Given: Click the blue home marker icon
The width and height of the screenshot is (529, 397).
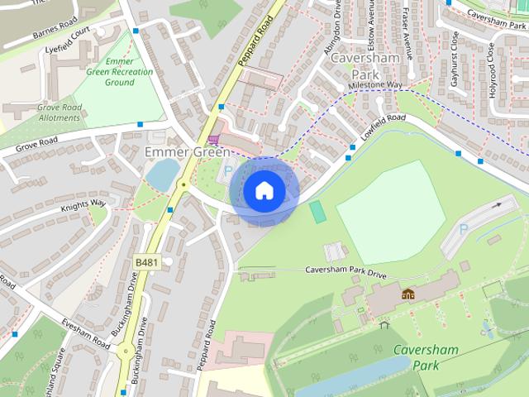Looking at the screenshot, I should (263, 191).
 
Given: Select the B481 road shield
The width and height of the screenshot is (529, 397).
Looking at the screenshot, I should (145, 262).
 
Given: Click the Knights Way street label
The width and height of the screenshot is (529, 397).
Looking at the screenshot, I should (83, 203).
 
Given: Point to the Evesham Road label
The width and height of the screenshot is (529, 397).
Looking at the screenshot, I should (83, 332).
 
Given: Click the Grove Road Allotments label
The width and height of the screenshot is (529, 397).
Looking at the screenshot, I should (47, 112).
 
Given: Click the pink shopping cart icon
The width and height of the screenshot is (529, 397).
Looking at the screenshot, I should (215, 139).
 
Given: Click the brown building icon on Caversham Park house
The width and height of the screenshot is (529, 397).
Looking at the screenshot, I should (407, 294).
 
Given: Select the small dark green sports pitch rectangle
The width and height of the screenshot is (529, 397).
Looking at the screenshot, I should (317, 211).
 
